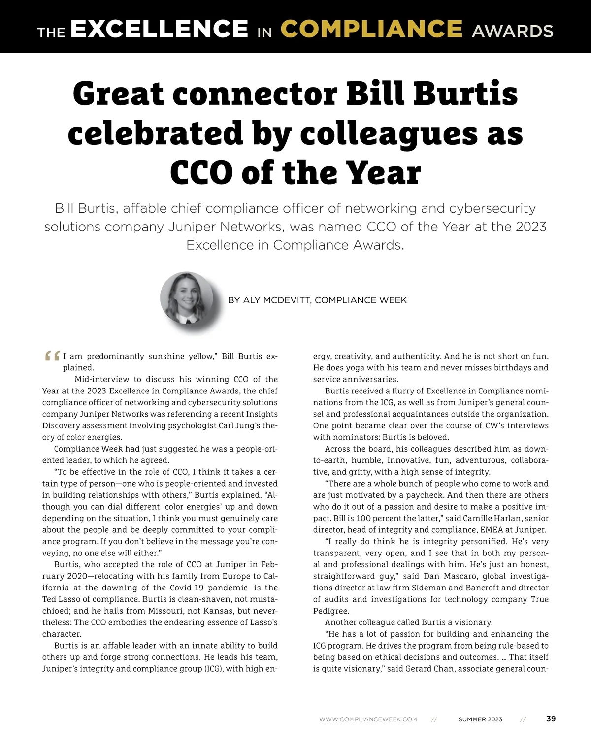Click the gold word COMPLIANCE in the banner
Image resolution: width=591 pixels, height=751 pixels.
371,29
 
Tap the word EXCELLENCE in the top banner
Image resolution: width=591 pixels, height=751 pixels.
159,29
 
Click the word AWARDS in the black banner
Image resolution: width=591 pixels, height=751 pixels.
512,31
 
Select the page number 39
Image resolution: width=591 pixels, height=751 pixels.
551,719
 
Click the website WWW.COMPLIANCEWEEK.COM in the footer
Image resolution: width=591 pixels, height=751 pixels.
368,719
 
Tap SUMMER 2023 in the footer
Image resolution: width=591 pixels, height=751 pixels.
480,719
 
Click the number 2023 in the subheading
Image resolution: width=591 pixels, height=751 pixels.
531,227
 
